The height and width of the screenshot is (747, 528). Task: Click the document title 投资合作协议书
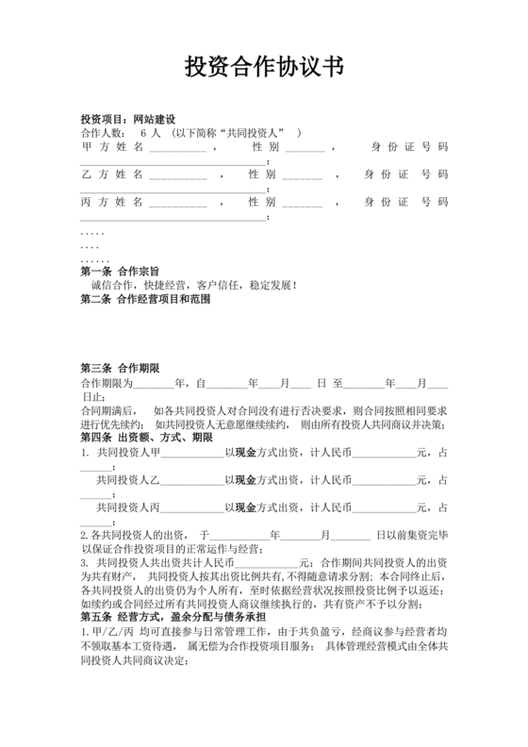point(263,68)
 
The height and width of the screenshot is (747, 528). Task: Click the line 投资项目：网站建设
point(128,120)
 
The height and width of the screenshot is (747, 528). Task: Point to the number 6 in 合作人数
point(157,133)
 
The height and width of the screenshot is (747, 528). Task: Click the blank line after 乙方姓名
point(176,175)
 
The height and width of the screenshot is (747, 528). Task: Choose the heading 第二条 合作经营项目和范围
point(145,299)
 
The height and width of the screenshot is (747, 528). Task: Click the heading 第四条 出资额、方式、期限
point(146,438)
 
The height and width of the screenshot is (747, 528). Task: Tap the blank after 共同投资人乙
point(193,479)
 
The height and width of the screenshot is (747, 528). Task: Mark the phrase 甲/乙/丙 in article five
point(107,631)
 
